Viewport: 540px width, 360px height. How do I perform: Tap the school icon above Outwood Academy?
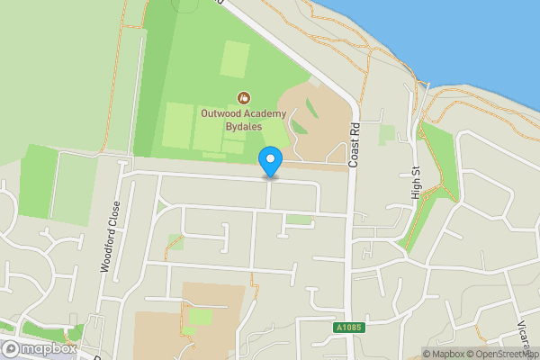(x=242, y=96)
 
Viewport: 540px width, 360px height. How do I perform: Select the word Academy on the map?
(x=266, y=112)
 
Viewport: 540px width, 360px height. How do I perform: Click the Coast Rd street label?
(x=355, y=143)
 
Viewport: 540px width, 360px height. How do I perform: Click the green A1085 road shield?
(x=352, y=327)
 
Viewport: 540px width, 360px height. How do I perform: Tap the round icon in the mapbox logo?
(x=12, y=349)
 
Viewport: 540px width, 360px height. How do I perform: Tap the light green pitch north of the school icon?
(x=236, y=59)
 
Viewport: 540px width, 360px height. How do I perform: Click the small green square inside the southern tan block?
(x=201, y=317)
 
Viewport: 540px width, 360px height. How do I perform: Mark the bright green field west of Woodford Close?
(x=37, y=181)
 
